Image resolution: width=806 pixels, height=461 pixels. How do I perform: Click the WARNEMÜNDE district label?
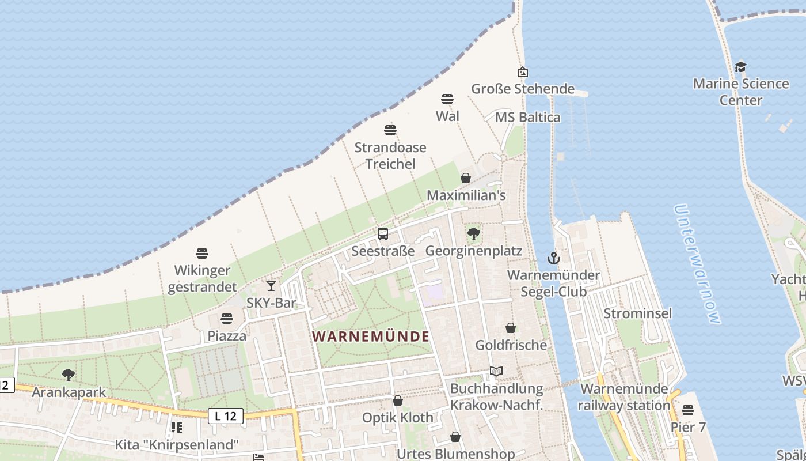click(x=371, y=336)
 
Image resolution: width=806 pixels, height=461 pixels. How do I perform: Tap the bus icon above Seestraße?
click(x=383, y=234)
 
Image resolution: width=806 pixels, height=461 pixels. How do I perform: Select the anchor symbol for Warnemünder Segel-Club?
click(x=553, y=258)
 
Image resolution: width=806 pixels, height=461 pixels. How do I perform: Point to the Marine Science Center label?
click(x=740, y=92)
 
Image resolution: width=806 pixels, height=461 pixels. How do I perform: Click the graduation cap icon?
click(x=740, y=67)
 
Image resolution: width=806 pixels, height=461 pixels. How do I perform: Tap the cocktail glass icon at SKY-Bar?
click(x=271, y=285)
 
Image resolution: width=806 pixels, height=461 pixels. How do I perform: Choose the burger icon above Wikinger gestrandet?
click(x=202, y=253)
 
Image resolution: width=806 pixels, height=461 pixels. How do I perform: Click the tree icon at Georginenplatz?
click(x=474, y=233)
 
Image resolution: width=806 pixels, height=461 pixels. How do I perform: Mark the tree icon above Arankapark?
click(x=69, y=375)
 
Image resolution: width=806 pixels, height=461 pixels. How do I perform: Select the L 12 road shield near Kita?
click(x=226, y=416)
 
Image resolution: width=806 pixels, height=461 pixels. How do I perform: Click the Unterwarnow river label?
click(x=697, y=264)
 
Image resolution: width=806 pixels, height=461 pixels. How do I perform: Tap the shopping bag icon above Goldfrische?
click(x=511, y=328)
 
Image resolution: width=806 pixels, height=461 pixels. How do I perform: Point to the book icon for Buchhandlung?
click(x=496, y=372)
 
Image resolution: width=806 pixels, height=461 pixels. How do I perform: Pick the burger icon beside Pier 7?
click(x=688, y=410)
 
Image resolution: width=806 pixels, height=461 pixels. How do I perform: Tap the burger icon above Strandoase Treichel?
click(x=390, y=130)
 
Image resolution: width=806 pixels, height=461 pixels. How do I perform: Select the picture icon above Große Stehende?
click(x=523, y=72)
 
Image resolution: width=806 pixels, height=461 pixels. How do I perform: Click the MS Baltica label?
click(x=528, y=118)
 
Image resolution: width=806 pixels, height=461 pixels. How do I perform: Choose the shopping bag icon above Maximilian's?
click(x=466, y=178)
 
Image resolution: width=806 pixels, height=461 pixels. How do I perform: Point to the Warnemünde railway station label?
click(x=624, y=397)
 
